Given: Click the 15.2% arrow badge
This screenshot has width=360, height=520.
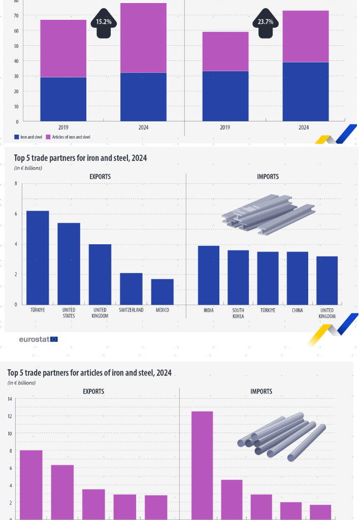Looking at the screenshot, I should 107,23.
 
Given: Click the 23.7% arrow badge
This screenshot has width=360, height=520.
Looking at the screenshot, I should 265,23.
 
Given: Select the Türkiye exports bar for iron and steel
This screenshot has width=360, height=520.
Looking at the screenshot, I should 38,257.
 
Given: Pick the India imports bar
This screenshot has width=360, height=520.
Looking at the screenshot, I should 208,275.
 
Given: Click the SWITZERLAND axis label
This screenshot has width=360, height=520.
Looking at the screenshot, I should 131,310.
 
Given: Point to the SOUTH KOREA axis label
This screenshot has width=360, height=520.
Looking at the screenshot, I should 238,313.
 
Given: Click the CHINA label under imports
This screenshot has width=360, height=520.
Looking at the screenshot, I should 297,310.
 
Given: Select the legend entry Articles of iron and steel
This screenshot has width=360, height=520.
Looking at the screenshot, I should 68,137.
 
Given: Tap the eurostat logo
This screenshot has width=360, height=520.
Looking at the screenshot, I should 38,339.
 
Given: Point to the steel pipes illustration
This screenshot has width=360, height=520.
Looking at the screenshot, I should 281,436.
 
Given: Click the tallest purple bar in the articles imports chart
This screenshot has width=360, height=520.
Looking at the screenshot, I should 202,465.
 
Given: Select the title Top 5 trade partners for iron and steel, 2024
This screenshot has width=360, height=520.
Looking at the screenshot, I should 80,158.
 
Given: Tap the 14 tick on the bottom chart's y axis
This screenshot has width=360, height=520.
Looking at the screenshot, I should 10,399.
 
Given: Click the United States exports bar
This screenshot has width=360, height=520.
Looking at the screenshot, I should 69,264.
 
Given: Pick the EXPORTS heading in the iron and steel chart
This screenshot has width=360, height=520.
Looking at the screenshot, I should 100,177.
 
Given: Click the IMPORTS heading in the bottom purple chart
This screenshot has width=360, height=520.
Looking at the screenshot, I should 261,392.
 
